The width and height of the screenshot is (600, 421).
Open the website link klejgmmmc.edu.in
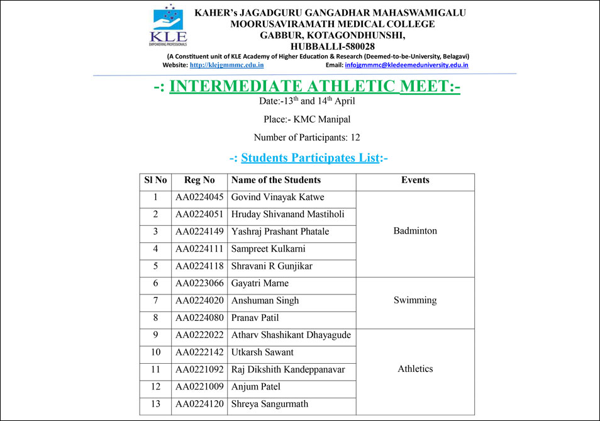tap(226, 65)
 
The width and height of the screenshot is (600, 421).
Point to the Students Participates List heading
tap(309, 157)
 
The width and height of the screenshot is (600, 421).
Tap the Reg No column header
tap(199, 180)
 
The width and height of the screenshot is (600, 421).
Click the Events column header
tap(415, 180)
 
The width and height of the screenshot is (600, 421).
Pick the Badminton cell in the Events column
tap(415, 231)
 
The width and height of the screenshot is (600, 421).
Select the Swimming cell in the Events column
tap(415, 300)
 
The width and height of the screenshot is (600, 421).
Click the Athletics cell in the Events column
tap(415, 369)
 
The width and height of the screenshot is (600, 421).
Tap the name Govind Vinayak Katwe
tap(277, 198)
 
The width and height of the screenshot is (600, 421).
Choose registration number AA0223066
tap(199, 283)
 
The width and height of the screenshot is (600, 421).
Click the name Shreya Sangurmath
tap(270, 404)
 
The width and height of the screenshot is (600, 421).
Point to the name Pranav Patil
tap(255, 318)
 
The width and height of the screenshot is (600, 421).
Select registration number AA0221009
tap(199, 386)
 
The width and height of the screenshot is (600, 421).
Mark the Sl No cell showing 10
tap(155, 352)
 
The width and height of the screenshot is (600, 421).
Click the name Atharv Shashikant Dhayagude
tap(291, 335)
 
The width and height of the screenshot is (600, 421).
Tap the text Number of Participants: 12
tap(307, 137)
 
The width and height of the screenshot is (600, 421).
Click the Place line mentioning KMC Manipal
tap(307, 119)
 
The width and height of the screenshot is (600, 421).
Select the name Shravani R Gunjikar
tap(272, 266)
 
